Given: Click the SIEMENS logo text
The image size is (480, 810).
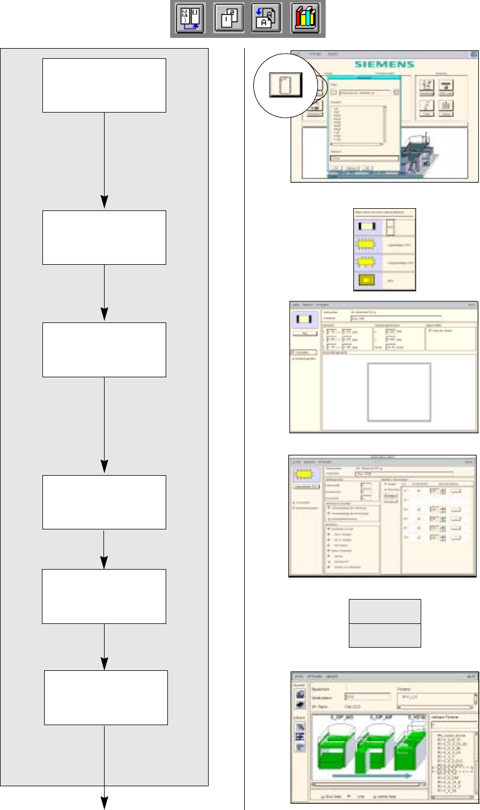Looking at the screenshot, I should tap(384, 64).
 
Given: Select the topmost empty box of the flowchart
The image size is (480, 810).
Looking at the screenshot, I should tap(104, 85).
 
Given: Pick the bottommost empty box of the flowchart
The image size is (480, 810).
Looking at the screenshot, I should tap(106, 697).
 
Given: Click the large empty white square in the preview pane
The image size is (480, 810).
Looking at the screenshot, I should tap(399, 392).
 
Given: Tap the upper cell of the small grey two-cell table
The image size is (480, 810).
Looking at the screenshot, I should tap(384, 611).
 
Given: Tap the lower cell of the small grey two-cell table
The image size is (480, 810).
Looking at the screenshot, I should tap(384, 635).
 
